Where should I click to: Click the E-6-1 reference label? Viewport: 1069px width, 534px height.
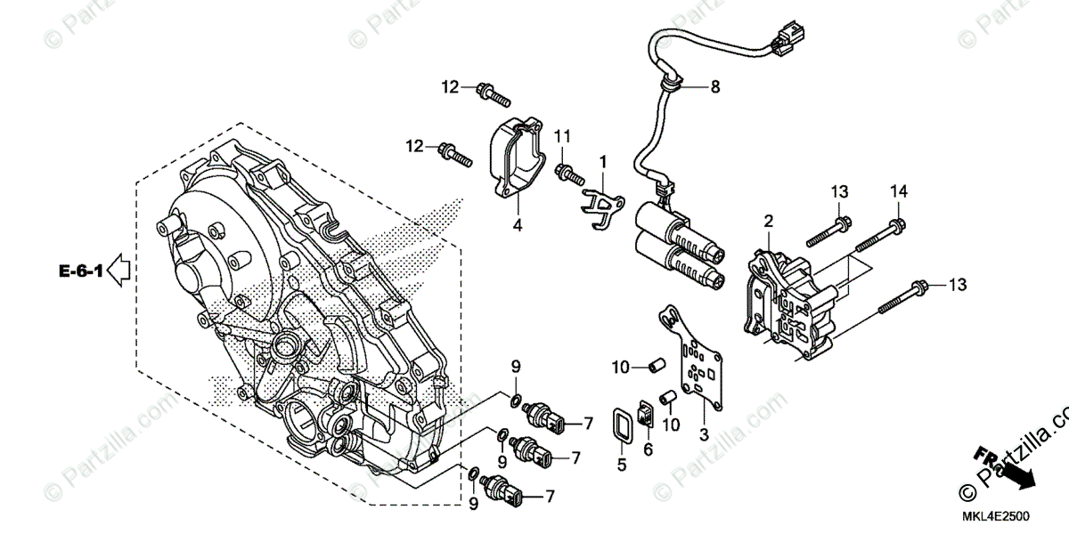tap(81, 269)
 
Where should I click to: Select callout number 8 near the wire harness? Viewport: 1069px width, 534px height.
tap(714, 87)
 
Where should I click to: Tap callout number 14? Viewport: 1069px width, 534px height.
tap(898, 191)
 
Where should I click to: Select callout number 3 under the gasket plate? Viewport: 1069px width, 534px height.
tap(704, 433)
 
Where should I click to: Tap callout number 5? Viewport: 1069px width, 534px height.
tap(622, 464)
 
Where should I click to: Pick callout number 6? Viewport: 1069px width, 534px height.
tap(648, 450)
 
